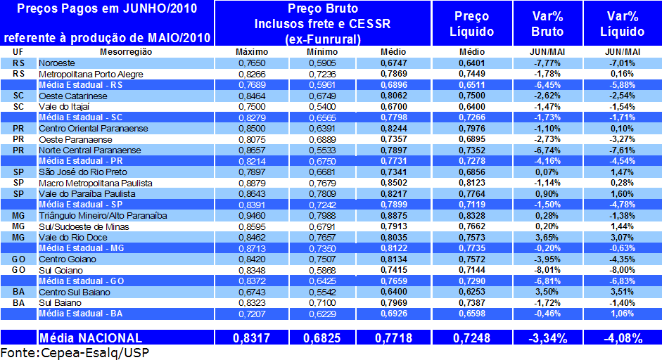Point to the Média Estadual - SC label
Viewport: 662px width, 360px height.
(81, 117)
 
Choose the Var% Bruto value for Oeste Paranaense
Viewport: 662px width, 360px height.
(546, 139)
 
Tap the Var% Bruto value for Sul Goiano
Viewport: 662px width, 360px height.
(546, 270)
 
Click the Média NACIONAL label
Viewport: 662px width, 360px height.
(91, 338)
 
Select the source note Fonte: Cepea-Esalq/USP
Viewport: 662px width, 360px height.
(75, 352)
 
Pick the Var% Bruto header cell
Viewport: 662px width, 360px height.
(547, 24)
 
